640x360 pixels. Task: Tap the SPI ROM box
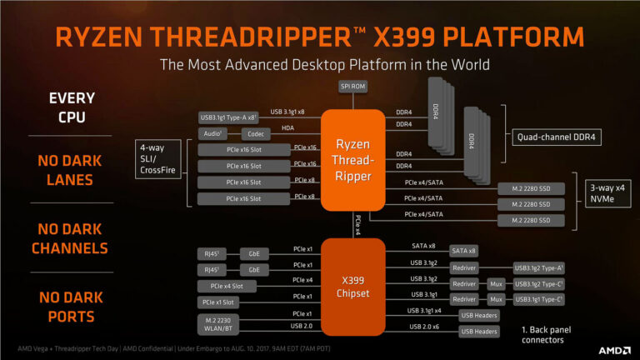(x=352, y=87)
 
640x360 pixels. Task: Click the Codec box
(x=256, y=133)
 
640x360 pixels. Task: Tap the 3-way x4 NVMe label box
(x=607, y=193)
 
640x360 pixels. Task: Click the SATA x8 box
(x=463, y=250)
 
